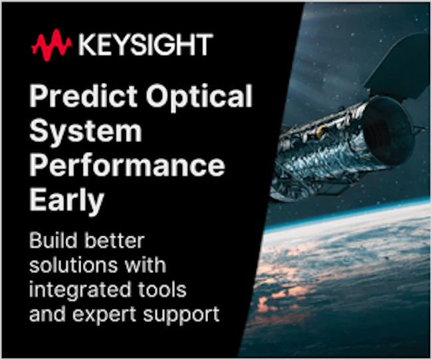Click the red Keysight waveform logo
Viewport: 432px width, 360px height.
(x=52, y=45)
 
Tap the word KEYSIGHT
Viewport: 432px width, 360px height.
(x=146, y=45)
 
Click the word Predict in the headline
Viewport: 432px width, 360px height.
(x=83, y=96)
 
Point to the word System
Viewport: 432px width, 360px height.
(x=86, y=132)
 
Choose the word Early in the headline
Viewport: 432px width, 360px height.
(x=66, y=201)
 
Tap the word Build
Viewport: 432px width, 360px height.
(x=53, y=240)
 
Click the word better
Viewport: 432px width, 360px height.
(x=114, y=240)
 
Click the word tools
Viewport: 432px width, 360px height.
(x=162, y=290)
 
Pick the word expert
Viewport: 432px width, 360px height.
(x=104, y=315)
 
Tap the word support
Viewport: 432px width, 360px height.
(x=181, y=315)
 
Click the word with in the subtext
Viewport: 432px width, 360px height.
(x=146, y=265)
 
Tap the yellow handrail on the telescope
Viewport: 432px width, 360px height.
(x=321, y=132)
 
